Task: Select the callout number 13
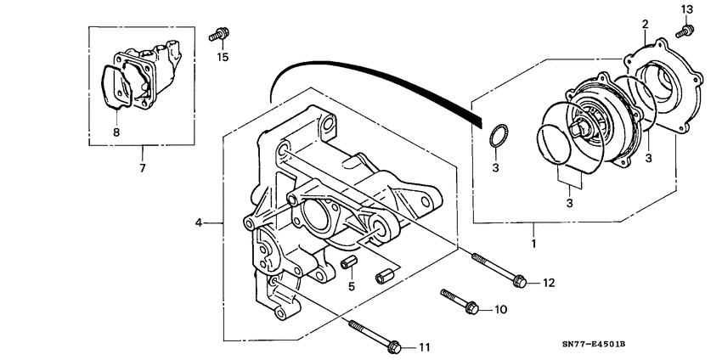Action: [x=687, y=8]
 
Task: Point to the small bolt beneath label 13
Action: [x=683, y=32]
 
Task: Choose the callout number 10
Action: [x=499, y=310]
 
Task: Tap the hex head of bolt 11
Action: [x=394, y=346]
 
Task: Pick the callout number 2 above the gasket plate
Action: [x=645, y=23]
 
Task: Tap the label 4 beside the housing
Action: [x=199, y=223]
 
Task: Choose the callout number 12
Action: [x=548, y=282]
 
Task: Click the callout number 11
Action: [x=424, y=347]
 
